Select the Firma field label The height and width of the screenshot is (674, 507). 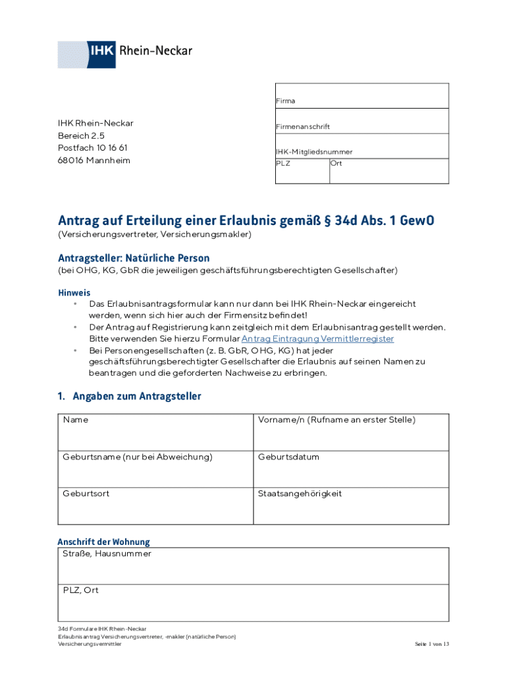285,101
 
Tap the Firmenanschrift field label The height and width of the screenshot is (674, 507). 303,126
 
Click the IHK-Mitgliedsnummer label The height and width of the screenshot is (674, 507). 313,151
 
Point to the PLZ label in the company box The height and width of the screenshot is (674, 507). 282,163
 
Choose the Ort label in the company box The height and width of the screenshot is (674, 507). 336,163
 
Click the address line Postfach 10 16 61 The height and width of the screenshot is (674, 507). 93,148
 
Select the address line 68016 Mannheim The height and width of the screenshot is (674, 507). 94,161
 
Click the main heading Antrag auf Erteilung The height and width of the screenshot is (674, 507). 246,220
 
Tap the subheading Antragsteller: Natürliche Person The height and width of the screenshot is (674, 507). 134,258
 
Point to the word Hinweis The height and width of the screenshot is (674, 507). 74,292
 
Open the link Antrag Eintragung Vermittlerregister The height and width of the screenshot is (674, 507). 317,338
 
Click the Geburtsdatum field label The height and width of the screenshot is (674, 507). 288,457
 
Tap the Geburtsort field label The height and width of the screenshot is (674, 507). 86,494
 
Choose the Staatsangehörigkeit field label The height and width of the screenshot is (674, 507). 300,494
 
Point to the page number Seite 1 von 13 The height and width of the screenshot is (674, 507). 431,644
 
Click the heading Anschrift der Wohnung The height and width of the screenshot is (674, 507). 104,542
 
